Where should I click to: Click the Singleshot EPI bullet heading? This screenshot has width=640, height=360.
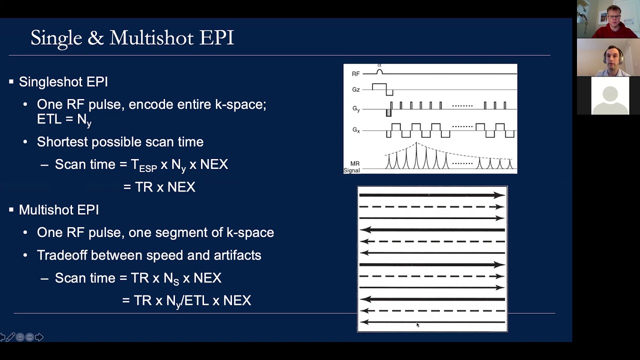[x=63, y=82]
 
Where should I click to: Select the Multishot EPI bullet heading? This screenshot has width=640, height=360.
[x=59, y=210]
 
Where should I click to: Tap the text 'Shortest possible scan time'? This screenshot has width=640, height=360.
[x=120, y=142]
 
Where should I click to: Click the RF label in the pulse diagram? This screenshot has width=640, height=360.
[x=355, y=74]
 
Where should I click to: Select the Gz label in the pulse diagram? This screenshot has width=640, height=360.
[x=355, y=90]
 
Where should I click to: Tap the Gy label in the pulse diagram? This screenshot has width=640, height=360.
[x=355, y=108]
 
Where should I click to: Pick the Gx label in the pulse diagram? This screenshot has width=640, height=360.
[x=355, y=130]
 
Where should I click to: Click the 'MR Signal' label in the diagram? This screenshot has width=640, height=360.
[x=352, y=167]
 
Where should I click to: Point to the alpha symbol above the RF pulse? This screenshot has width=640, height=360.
[x=379, y=65]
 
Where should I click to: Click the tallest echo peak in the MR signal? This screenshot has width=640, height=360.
[x=416, y=155]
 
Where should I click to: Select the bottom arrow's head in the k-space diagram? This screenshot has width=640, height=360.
[x=364, y=322]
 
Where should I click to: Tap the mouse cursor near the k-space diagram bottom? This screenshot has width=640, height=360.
[x=417, y=325]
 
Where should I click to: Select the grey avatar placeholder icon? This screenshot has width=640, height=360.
[x=610, y=96]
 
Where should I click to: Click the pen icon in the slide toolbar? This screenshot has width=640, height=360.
[x=10, y=337]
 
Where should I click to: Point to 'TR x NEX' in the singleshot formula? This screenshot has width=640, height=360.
[x=165, y=187]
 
